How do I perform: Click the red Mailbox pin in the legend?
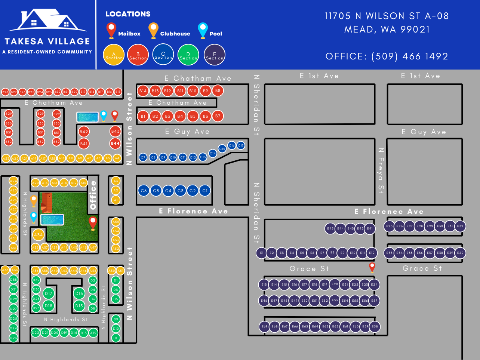pyautogui.click(x=111, y=30)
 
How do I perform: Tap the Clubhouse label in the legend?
pyautogui.click(x=175, y=34)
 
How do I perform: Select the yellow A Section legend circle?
pyautogui.click(x=114, y=55)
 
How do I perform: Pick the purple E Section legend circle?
pyautogui.click(x=215, y=55)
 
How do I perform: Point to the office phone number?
pyautogui.click(x=387, y=56)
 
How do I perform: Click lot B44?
pyautogui.click(x=115, y=143)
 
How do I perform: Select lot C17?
pyautogui.click(x=241, y=145)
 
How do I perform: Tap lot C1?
pyautogui.click(x=205, y=191)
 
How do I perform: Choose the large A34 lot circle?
pyautogui.click(x=38, y=235)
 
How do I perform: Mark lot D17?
pyautogui.click(x=49, y=293)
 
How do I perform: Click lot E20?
pyautogui.click(x=335, y=284)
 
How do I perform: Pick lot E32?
pyautogui.click(x=460, y=226)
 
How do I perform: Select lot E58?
pyautogui.click(x=375, y=326)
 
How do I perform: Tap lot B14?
pyautogui.click(x=143, y=91)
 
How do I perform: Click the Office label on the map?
pyautogui.click(x=93, y=195)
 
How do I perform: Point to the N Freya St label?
pyautogui.click(x=381, y=170)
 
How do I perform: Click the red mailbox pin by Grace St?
pyautogui.click(x=372, y=267)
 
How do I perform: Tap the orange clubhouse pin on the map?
pyautogui.click(x=34, y=200)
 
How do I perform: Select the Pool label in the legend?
pyautogui.click(x=216, y=34)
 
